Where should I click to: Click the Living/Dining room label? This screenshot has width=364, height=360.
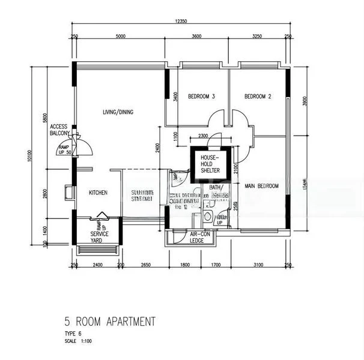tap(118, 112)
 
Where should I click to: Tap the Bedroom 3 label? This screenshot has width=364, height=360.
tap(201, 96)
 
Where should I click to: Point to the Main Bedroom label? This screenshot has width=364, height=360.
tap(262, 186)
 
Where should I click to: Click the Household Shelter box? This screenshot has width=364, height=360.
tap(206, 164)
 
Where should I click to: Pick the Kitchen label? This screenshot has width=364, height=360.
tap(98, 193)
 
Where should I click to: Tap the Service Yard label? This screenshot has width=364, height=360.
tap(99, 233)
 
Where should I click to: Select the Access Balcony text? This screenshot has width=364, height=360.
tap(59, 130)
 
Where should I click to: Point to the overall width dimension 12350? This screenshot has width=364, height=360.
tap(181, 21)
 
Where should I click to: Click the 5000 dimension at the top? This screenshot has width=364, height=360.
tap(120, 37)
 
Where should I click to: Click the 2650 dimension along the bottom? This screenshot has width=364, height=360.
tap(145, 265)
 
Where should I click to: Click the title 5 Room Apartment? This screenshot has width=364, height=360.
tap(110, 322)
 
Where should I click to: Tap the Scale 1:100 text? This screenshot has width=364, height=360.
tap(79, 341)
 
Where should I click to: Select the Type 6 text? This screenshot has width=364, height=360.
tap(73, 335)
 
